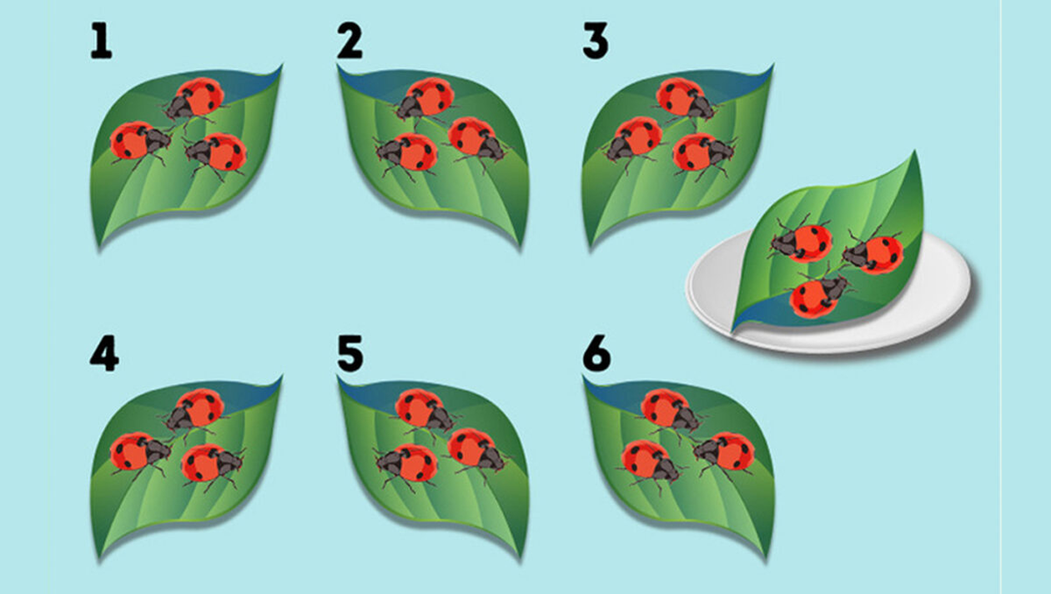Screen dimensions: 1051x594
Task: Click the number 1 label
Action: click(x=102, y=41)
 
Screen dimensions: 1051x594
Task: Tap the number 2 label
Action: click(x=350, y=41)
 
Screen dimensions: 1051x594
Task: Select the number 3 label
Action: click(x=596, y=41)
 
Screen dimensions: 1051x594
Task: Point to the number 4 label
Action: click(x=104, y=353)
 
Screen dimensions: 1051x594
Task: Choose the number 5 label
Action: click(x=350, y=353)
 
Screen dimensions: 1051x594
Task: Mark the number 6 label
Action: click(x=597, y=353)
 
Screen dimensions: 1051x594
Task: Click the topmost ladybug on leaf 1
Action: click(x=194, y=99)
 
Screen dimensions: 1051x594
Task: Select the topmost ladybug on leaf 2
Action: click(x=424, y=99)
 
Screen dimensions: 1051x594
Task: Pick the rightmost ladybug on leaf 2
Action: click(x=477, y=138)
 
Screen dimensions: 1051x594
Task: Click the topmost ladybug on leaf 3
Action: click(x=685, y=99)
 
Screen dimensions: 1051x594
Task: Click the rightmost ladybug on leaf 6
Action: click(x=724, y=453)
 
